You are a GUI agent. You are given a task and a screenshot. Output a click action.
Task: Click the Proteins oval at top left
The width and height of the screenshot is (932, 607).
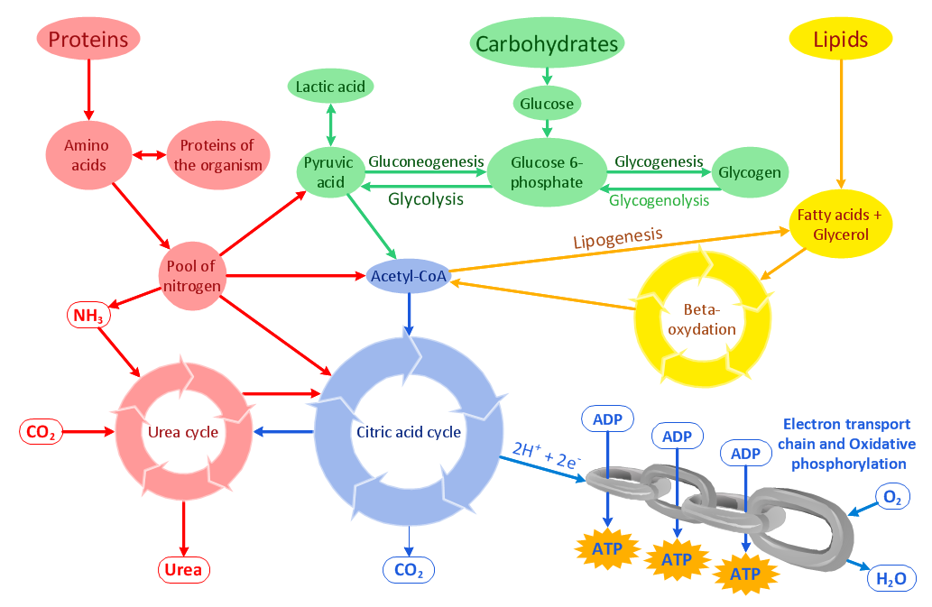(x=88, y=39)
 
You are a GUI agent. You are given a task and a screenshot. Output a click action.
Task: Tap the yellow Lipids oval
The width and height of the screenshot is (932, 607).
(x=841, y=40)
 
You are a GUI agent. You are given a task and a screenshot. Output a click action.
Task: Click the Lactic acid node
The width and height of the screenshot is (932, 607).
(x=331, y=87)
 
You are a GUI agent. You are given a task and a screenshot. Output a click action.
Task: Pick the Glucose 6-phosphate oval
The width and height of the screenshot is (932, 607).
(x=546, y=172)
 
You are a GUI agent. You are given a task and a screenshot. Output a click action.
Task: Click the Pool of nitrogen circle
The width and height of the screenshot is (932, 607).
(x=189, y=276)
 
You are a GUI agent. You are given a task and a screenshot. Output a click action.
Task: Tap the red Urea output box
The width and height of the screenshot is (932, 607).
(x=183, y=570)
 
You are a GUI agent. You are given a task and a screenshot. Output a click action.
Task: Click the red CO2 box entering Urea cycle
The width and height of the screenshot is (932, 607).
(x=42, y=432)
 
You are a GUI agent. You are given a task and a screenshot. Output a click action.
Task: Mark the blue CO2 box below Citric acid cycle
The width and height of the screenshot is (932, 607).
(x=409, y=570)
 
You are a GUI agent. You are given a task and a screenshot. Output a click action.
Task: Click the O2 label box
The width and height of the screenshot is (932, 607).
(x=891, y=496)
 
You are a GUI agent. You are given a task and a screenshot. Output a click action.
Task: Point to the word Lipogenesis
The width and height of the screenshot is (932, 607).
(x=617, y=239)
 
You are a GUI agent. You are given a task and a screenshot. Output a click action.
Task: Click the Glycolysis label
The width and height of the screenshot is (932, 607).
(x=426, y=198)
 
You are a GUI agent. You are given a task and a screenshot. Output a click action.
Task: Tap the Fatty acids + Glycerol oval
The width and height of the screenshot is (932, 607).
(x=840, y=225)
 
